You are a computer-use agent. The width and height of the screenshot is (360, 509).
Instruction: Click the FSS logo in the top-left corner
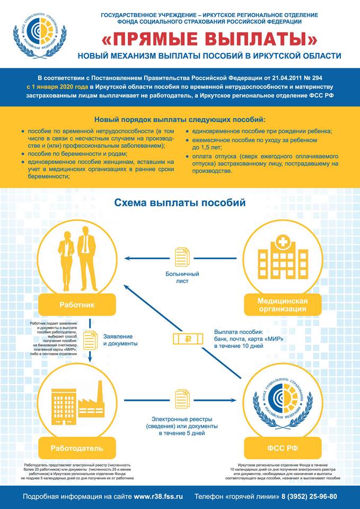40,33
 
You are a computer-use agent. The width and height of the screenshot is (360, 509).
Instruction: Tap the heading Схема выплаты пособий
180,203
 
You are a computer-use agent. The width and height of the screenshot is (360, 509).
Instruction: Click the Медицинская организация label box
282,305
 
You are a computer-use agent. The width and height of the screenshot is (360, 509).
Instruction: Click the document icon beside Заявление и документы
91,339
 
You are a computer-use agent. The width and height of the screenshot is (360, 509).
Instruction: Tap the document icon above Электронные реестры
182,399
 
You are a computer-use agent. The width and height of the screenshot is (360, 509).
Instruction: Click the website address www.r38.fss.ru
158,497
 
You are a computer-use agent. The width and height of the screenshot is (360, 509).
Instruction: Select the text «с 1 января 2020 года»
57,86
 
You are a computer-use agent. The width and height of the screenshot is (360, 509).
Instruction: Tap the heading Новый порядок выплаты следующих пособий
180,120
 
